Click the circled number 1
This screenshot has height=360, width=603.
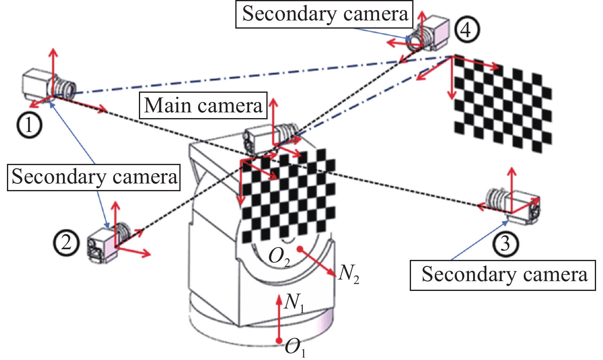point(29,125)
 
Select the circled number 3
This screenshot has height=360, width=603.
point(505,244)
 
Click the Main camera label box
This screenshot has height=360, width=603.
point(203,105)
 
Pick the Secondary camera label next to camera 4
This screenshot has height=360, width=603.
point(325,14)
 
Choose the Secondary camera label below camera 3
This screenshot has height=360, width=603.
point(503,275)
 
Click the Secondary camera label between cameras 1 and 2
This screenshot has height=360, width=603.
point(94,177)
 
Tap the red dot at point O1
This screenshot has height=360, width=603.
point(279,341)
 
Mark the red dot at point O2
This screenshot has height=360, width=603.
point(300,248)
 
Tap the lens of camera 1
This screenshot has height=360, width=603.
point(67,87)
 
